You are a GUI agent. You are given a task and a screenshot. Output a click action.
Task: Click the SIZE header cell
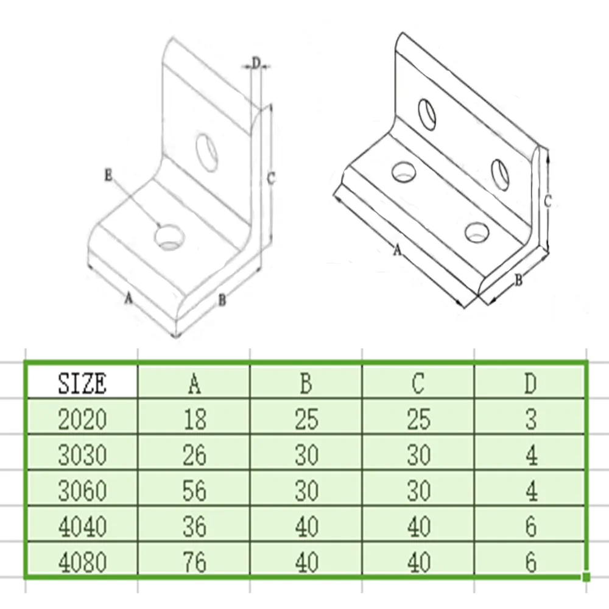[x=82, y=383]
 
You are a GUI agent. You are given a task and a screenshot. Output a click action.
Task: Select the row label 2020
[x=82, y=419]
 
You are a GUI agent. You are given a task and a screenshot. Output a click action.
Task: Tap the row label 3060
[x=82, y=490]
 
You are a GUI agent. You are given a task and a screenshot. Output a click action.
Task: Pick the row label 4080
[x=82, y=562]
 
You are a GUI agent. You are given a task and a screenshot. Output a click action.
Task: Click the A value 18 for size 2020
[x=194, y=419]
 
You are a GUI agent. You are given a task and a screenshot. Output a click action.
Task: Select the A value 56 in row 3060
[x=194, y=490]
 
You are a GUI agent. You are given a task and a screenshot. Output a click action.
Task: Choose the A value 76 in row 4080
[x=194, y=562]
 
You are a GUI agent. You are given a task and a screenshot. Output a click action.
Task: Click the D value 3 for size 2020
[x=530, y=419]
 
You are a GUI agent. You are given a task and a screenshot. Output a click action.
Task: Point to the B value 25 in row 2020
[x=306, y=419]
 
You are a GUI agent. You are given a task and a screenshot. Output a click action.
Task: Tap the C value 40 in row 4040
[x=418, y=526]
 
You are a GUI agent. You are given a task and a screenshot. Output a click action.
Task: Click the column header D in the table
[x=530, y=383]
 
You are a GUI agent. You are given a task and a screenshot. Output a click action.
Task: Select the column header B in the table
[x=306, y=383]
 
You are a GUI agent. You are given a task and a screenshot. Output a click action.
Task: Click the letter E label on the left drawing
[x=108, y=175]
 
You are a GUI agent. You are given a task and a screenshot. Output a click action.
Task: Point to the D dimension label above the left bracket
[x=256, y=62]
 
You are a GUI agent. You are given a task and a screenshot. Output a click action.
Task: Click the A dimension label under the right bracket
[x=397, y=249]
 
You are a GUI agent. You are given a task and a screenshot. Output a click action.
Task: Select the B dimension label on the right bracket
[x=519, y=280]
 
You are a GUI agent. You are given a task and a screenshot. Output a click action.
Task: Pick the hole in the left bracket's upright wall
[x=208, y=149]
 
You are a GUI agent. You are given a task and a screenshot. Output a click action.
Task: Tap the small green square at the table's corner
[x=586, y=576]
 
